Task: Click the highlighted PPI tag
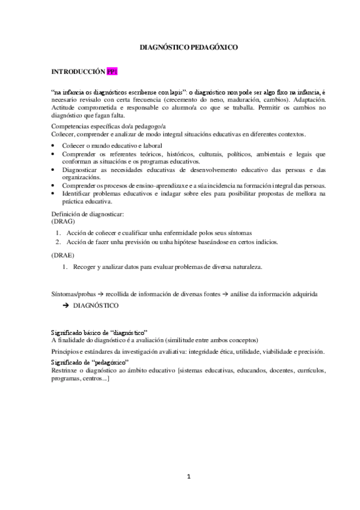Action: [112, 72]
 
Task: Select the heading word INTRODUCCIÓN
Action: [78, 72]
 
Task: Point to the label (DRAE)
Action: [63, 255]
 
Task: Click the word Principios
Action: [67, 351]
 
